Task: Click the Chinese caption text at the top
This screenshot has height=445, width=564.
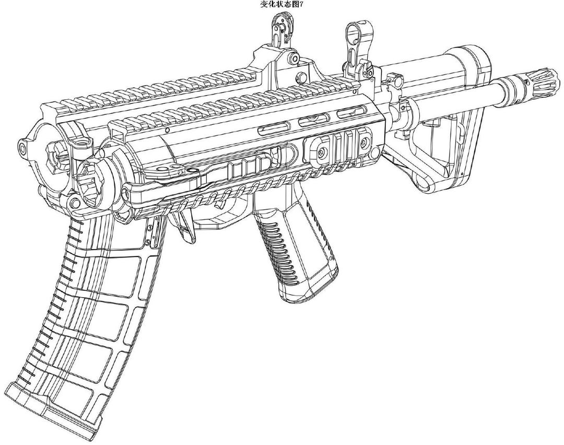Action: click(282, 4)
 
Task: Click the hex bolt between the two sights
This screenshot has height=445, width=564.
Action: click(300, 77)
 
